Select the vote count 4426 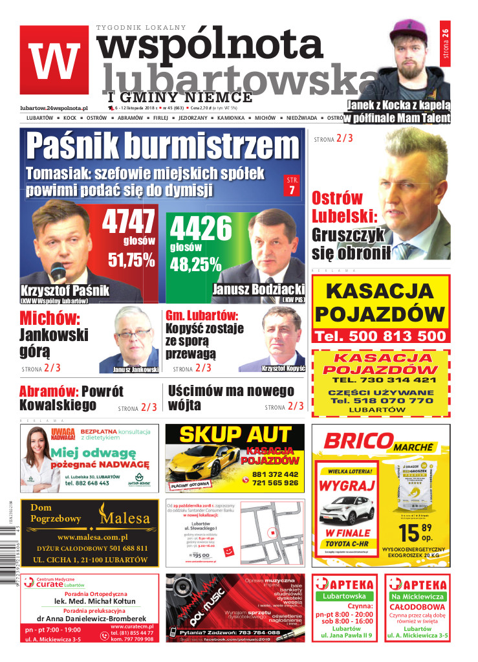200,228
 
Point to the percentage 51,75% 131,260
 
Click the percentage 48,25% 195,264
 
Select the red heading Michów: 49,318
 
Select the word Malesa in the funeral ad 124,518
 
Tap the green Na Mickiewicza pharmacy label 417,596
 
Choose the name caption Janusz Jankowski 135,370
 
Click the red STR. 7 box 292,185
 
